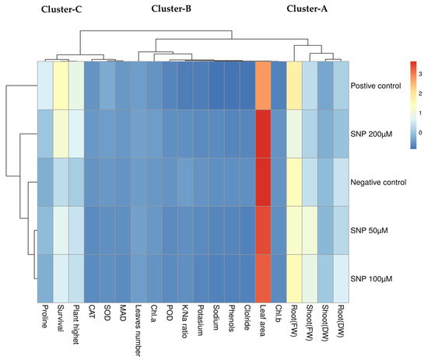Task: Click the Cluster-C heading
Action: pyautogui.click(x=61, y=9)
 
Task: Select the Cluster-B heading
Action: pyautogui.click(x=171, y=9)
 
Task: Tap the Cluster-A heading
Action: pyautogui.click(x=307, y=9)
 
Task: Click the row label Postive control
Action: pyautogui.click(x=376, y=86)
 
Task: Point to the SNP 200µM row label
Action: pyautogui.click(x=371, y=135)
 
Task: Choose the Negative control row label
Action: pyautogui.click(x=378, y=182)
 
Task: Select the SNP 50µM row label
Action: pyautogui.click(x=369, y=230)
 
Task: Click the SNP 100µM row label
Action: pyautogui.click(x=371, y=278)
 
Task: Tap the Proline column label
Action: pyautogui.click(x=44, y=316)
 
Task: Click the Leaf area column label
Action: pyautogui.click(x=262, y=320)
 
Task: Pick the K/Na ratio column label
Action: pyautogui.click(x=184, y=322)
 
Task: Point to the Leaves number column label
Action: pyautogui.click(x=138, y=330)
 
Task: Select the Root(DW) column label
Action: pyautogui.click(x=340, y=321)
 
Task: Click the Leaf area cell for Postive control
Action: pyautogui.click(x=263, y=86)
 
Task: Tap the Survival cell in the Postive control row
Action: pyautogui.click(x=61, y=86)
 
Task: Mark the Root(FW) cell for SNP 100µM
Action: pyautogui.click(x=294, y=278)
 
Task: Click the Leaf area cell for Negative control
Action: pyautogui.click(x=263, y=182)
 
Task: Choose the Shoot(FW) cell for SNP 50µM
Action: pyautogui.click(x=310, y=230)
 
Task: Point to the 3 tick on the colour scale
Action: pyautogui.click(x=420, y=74)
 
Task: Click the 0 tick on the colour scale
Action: pyautogui.click(x=420, y=132)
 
